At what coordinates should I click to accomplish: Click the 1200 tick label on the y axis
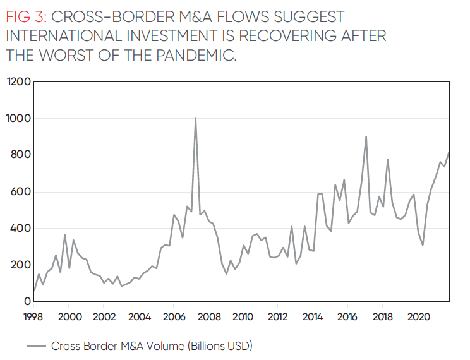pyautogui.click(x=18, y=82)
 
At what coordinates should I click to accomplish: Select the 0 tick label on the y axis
pyautogui.click(x=26, y=302)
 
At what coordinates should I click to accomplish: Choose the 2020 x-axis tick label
pyautogui.click(x=416, y=316)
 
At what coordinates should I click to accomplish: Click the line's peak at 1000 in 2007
pyautogui.click(x=195, y=119)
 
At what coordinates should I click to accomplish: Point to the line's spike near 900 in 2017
pyautogui.click(x=366, y=137)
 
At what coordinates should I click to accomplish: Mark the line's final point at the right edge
pyautogui.click(x=449, y=152)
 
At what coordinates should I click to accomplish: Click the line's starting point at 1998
pyautogui.click(x=34, y=292)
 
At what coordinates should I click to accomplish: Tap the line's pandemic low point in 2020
pyautogui.click(x=423, y=245)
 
